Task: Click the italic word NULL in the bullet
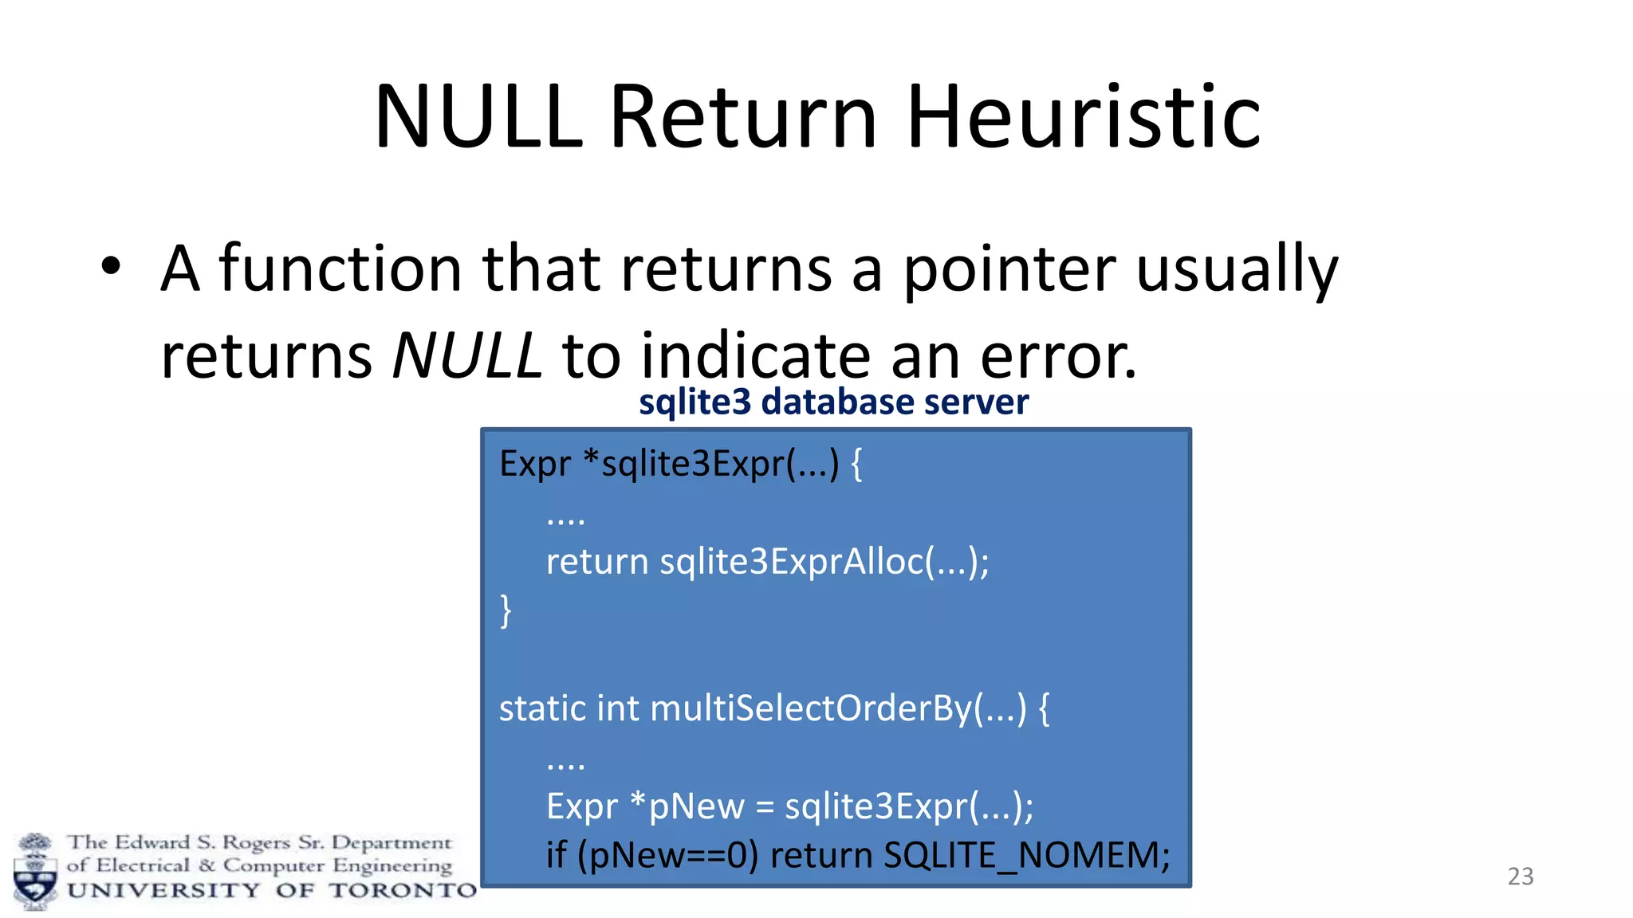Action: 467,355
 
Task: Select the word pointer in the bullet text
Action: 1009,269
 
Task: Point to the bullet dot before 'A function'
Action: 111,268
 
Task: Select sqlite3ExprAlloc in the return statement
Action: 792,562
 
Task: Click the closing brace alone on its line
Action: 506,611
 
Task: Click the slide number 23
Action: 1520,877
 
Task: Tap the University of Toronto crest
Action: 35,873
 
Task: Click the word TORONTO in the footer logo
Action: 403,890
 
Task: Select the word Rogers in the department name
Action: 255,842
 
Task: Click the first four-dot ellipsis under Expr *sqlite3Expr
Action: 565,520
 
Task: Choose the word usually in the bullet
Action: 1236,269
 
